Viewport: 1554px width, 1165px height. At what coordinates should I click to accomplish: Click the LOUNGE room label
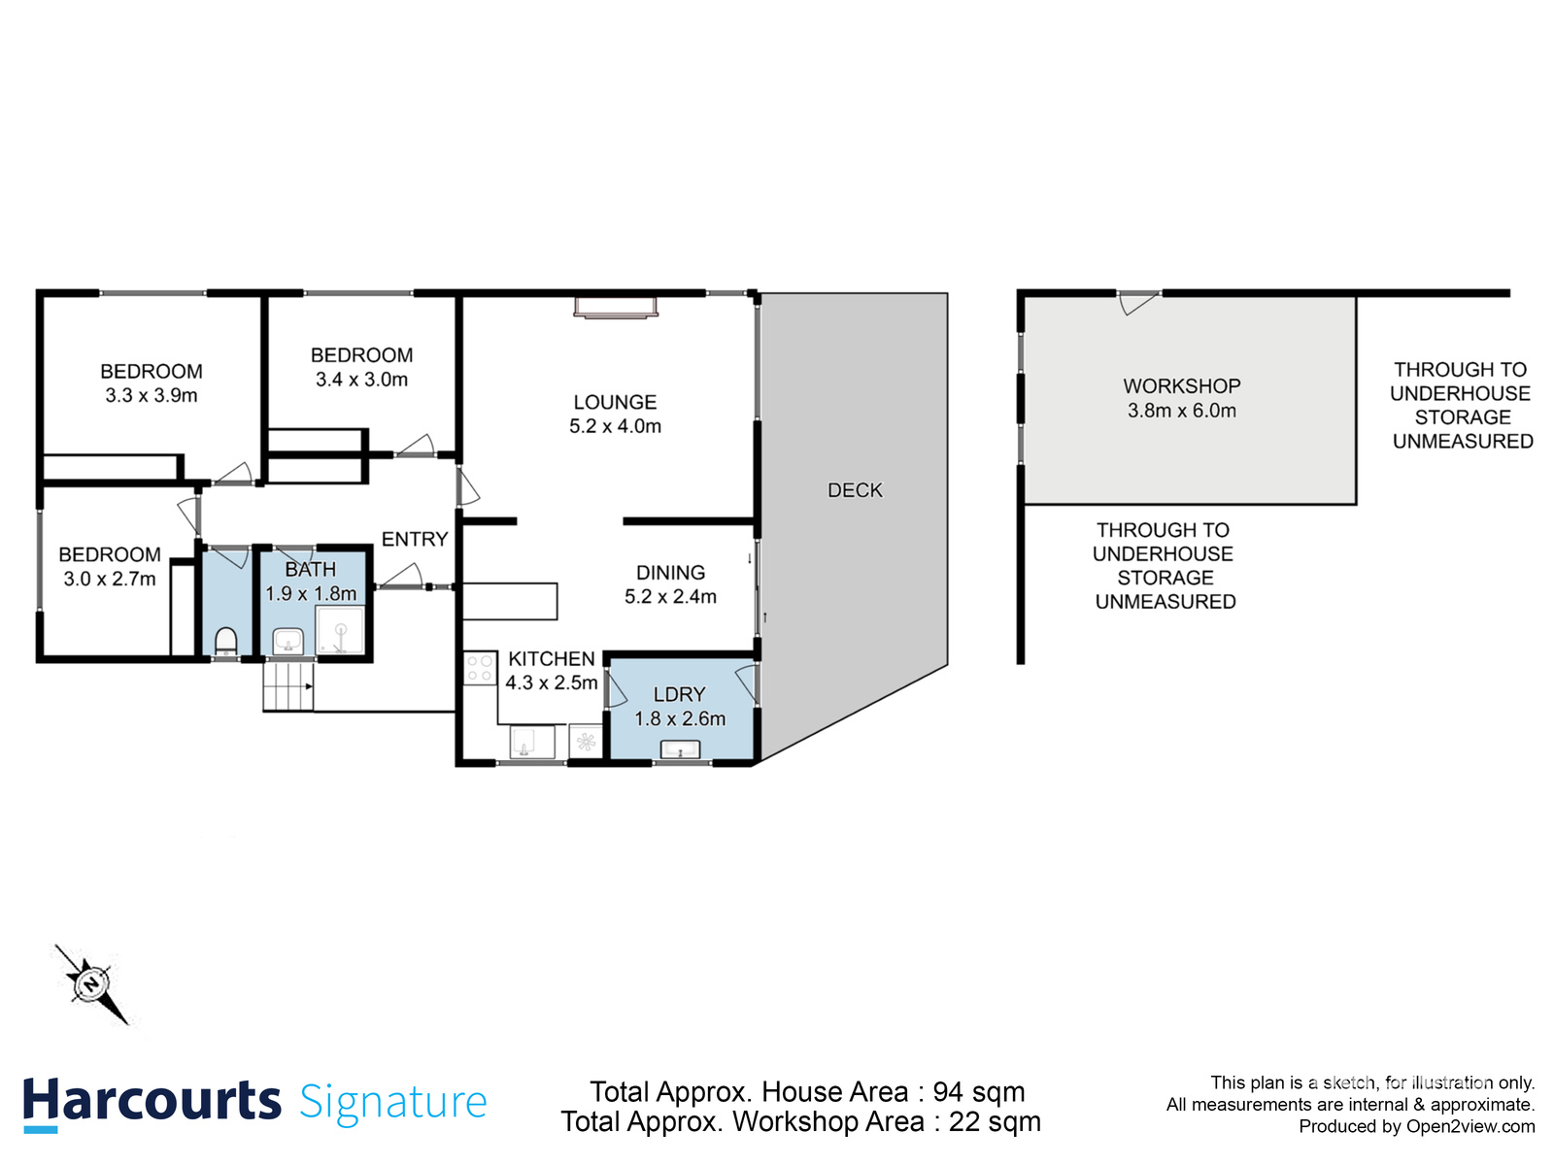pos(615,402)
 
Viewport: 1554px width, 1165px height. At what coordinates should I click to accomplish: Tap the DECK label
pos(855,490)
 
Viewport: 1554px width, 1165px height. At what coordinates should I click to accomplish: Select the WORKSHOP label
pos(1182,385)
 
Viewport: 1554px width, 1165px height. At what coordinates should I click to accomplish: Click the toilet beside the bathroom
pos(225,642)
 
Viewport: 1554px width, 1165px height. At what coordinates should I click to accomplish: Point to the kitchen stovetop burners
pos(480,668)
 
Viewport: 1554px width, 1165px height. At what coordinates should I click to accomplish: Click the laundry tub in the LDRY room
pos(680,749)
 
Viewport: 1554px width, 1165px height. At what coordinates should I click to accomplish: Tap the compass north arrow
pos(92,984)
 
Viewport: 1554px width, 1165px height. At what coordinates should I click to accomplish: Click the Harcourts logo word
pos(152,1102)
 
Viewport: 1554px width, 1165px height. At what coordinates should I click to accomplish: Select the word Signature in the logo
pos(392,1102)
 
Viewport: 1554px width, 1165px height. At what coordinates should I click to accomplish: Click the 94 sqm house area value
pos(978,1092)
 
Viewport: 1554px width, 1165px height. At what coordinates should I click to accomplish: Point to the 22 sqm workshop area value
pos(995,1122)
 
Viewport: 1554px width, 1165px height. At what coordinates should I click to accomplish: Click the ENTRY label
pos(415,539)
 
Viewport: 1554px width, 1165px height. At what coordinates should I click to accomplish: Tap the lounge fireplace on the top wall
pos(616,307)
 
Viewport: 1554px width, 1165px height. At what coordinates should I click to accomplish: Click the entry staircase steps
pos(288,685)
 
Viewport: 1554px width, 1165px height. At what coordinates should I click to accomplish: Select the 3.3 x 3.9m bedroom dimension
pos(152,396)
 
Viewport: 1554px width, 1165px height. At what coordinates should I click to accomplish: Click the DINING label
pos(670,573)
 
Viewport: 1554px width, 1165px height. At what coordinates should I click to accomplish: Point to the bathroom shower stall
pos(340,631)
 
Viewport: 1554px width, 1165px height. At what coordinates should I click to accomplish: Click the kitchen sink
pos(531,743)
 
